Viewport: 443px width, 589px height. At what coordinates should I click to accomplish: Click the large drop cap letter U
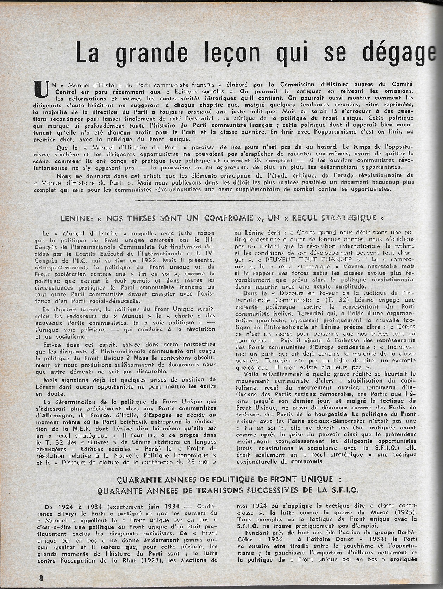pyautogui.click(x=39, y=89)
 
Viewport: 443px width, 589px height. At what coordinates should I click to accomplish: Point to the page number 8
pyautogui.click(x=41, y=578)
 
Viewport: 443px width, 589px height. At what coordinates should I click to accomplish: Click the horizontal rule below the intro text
pyautogui.click(x=224, y=200)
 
